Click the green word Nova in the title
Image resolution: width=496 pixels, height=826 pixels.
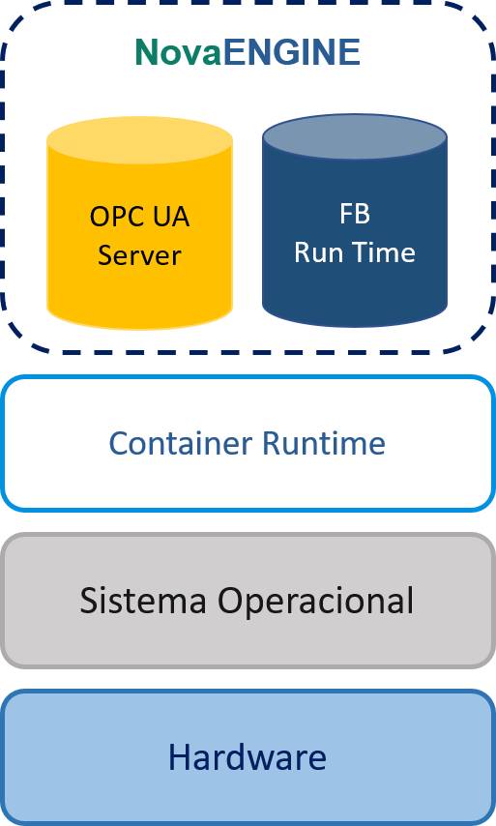pos(178,52)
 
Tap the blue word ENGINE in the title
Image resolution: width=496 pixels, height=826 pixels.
pos(292,52)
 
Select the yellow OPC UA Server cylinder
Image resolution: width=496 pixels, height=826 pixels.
pos(139,222)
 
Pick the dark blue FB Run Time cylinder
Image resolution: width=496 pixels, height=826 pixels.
pos(355,221)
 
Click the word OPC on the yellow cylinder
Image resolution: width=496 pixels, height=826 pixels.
pos(112,217)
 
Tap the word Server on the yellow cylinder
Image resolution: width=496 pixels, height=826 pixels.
pos(139,255)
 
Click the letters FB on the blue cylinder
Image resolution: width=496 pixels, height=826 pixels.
pos(355,214)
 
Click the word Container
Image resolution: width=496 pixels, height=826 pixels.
pos(181,443)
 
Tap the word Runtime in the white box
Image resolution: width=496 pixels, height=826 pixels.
pos(324,443)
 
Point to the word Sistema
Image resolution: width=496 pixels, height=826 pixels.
pos(143,600)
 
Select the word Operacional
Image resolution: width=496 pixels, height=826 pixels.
pos(316,601)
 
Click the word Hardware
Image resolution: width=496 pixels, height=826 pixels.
pos(248,757)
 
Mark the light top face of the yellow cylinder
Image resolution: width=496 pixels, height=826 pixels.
pos(139,140)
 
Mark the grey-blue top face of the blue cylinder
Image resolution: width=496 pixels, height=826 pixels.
pos(355,137)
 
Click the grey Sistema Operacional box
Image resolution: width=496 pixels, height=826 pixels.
pos(248,601)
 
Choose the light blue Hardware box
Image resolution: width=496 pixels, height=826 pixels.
pos(248,757)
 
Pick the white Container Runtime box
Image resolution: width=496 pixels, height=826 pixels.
pos(248,443)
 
